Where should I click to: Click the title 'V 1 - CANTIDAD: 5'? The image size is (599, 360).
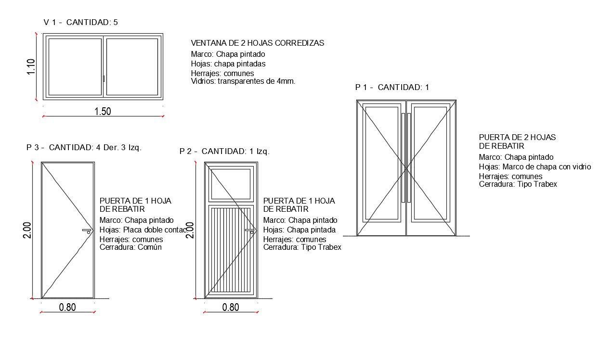[x=80, y=22]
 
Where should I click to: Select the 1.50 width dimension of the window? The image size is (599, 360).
[x=103, y=111]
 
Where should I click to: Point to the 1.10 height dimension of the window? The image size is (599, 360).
[x=31, y=66]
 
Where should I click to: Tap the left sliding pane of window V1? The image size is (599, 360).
[x=75, y=67]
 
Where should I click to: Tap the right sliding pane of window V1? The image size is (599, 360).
[x=132, y=67]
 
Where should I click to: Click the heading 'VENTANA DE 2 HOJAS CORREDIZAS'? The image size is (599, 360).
[x=257, y=43]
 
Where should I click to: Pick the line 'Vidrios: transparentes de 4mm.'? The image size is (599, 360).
[x=243, y=81]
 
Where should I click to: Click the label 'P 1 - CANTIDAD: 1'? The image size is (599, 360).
[x=391, y=87]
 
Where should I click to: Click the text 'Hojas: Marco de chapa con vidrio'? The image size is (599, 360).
[x=534, y=167]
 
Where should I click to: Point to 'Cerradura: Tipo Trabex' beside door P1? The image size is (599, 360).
[x=518, y=184]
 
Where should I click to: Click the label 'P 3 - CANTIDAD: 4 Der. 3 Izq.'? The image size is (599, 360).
[x=84, y=147]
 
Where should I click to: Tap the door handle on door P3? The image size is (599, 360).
[x=87, y=231]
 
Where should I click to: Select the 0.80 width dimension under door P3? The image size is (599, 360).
[x=67, y=307]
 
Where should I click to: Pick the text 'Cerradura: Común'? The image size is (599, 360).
[x=130, y=247]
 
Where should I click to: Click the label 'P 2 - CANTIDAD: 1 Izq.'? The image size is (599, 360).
[x=224, y=151]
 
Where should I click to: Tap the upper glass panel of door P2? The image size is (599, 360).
[x=230, y=183]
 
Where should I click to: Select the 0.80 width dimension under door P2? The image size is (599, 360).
[x=231, y=307]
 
